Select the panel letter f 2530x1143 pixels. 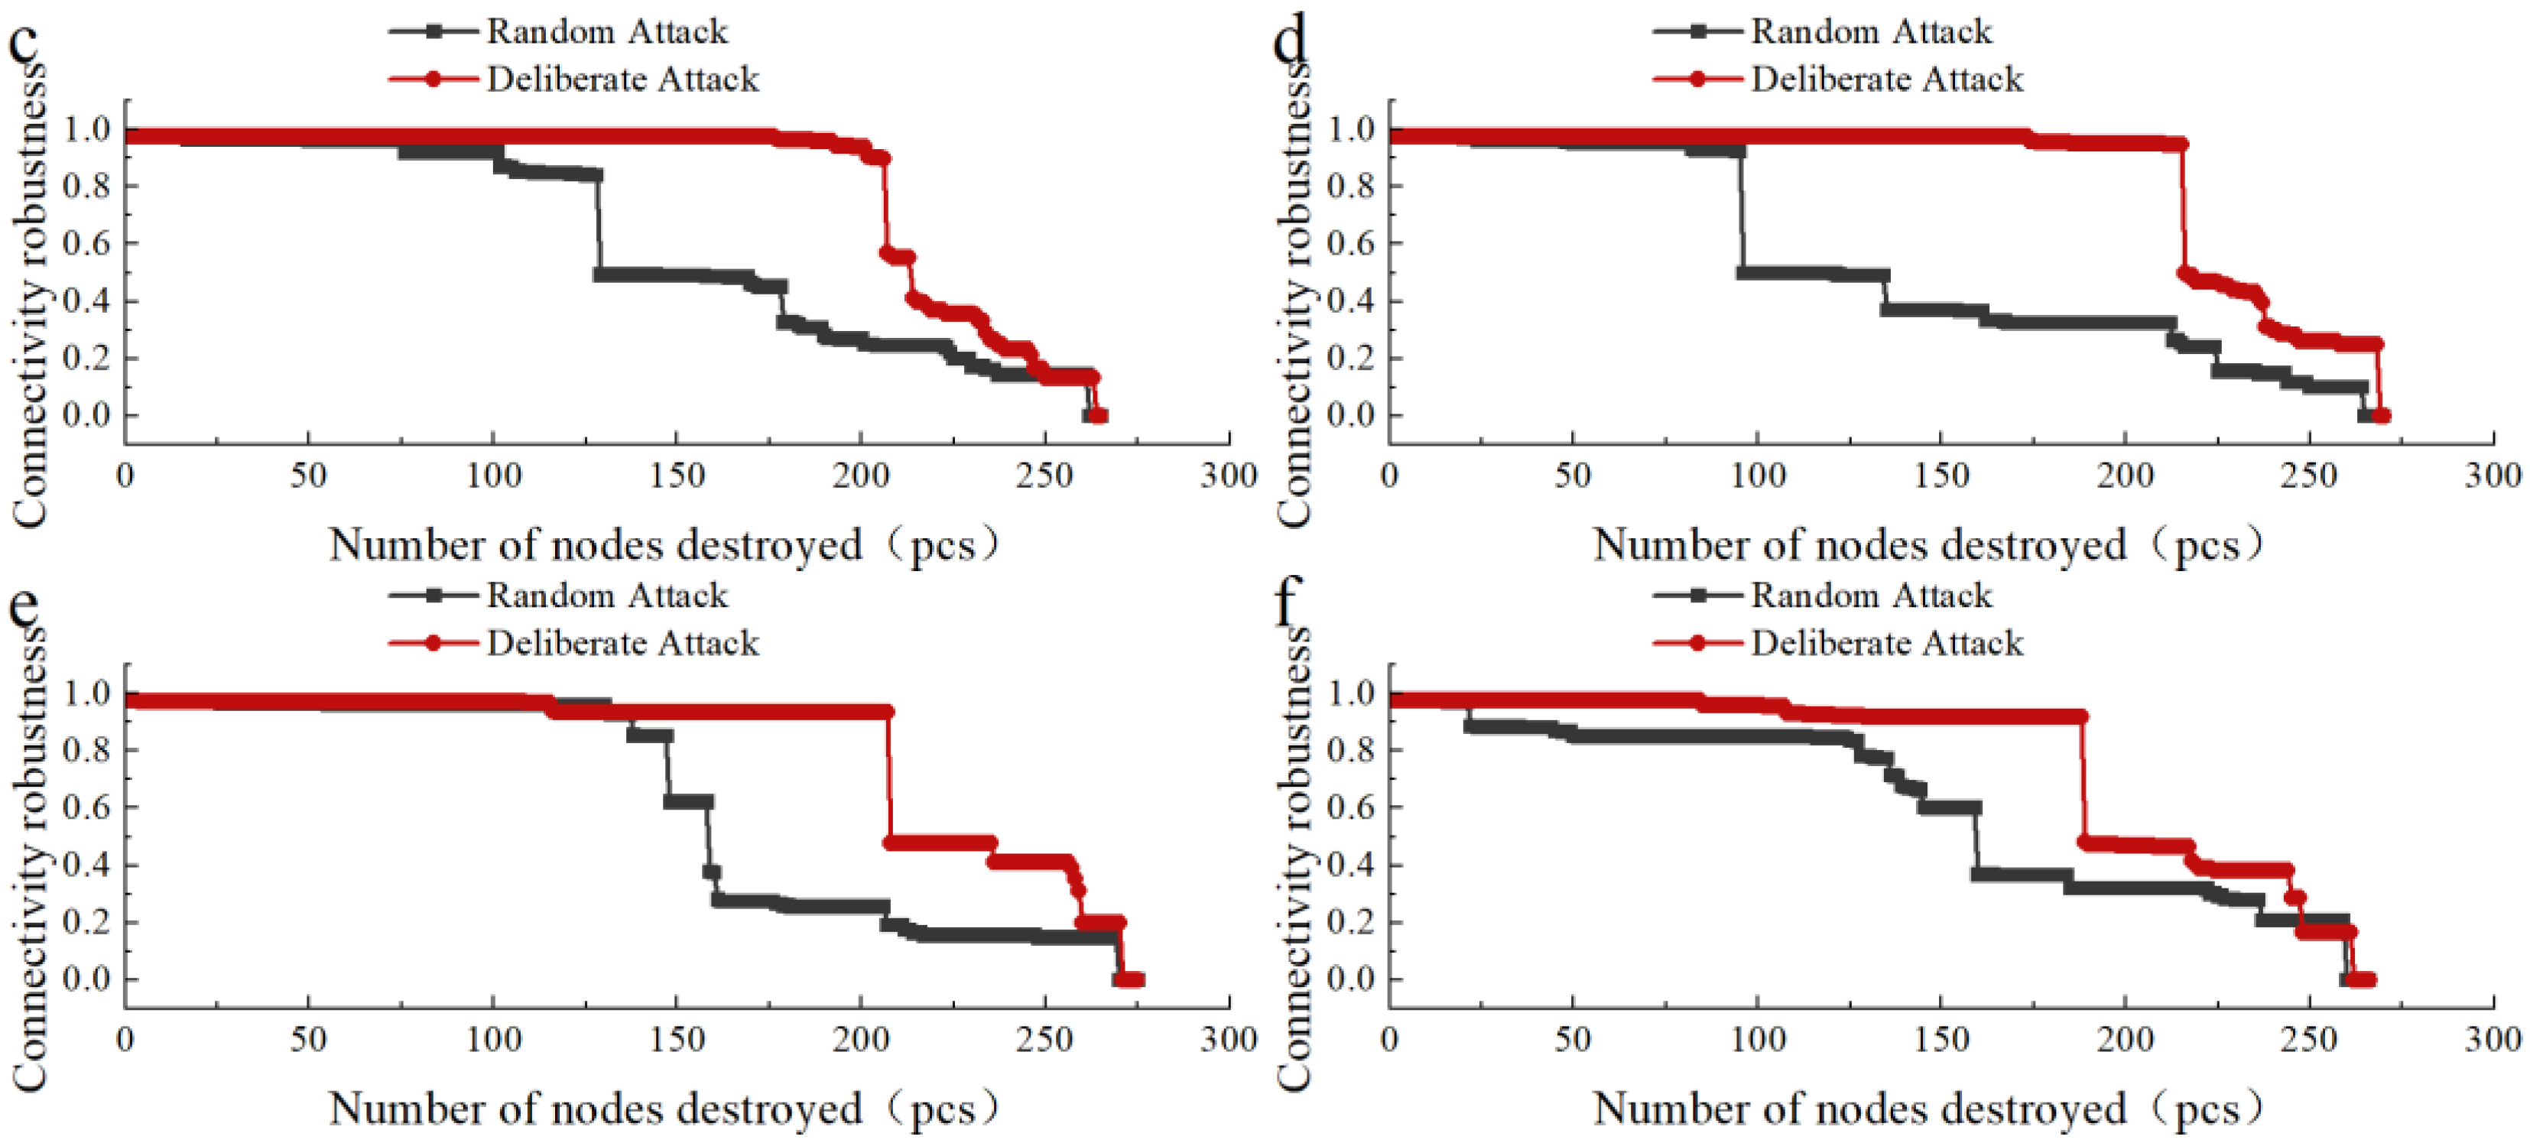tap(1287, 601)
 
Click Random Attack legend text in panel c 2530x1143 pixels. tap(607, 31)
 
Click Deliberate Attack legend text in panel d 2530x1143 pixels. tap(1887, 79)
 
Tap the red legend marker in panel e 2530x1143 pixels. tap(432, 643)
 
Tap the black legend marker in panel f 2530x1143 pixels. tap(1697, 595)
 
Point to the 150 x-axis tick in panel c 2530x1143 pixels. tap(677, 476)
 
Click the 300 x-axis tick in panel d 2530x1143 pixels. tap(2493, 476)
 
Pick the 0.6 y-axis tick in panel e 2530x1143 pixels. tap(86, 807)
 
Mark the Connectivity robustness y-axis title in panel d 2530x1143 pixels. tap(1294, 294)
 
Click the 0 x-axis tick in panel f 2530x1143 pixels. tap(1388, 1040)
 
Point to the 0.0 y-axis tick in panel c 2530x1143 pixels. tap(86, 415)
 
